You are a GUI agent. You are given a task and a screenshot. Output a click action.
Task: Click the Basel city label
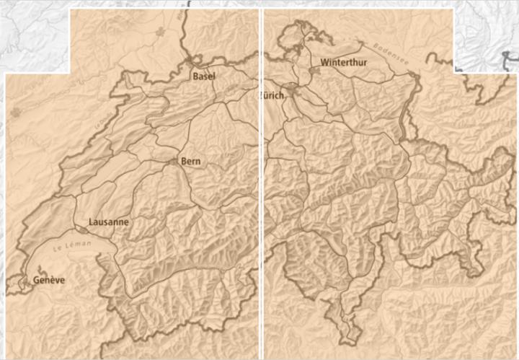click(x=204, y=75)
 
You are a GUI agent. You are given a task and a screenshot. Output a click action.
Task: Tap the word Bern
click(x=191, y=160)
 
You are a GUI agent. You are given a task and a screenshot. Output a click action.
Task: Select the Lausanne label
click(x=108, y=221)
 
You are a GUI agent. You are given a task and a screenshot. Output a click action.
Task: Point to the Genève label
click(x=48, y=280)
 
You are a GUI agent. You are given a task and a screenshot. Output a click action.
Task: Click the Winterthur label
click(x=344, y=63)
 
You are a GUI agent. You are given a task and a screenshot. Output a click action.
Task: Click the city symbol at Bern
click(x=177, y=162)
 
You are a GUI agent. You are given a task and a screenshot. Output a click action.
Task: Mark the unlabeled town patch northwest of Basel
click(x=159, y=33)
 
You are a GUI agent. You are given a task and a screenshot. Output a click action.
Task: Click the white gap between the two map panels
click(x=261, y=180)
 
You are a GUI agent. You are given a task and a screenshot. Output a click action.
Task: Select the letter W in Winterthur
click(x=326, y=63)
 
